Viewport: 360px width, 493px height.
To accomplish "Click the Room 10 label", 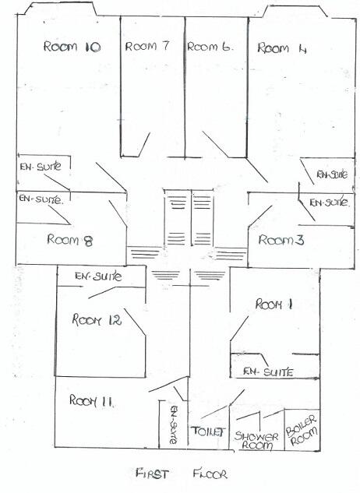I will (71, 48).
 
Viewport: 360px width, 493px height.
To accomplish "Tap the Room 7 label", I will (147, 47).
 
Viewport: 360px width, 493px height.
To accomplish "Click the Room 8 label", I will (69, 240).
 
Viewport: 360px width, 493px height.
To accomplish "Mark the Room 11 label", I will (93, 401).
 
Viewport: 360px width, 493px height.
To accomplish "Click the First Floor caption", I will (180, 473).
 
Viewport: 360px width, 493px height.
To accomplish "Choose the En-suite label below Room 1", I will (267, 372).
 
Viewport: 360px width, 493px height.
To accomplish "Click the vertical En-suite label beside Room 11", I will (174, 424).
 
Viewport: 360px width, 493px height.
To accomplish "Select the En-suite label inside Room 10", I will (35, 166).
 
